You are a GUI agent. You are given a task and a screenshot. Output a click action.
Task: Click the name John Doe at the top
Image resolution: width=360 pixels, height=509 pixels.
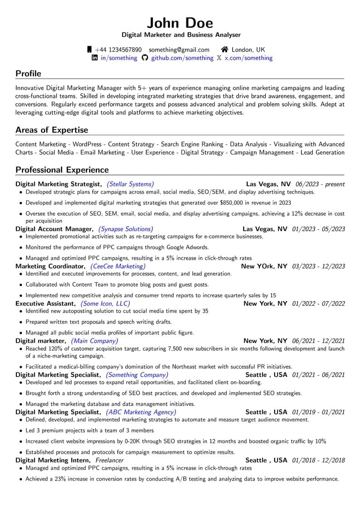(180, 22)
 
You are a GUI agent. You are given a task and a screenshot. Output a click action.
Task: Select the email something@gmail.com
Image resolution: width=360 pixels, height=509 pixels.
(179, 49)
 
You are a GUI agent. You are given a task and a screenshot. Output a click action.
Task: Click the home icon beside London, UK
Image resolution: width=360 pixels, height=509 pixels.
(224, 49)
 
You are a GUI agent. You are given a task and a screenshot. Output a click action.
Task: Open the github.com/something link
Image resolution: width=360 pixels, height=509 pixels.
(182, 58)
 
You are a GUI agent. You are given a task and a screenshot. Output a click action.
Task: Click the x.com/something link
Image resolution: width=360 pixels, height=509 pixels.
(248, 58)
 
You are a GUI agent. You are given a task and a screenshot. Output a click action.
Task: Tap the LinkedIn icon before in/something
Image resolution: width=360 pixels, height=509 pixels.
(95, 58)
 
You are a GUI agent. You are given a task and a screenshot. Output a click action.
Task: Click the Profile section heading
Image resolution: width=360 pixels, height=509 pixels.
(28, 73)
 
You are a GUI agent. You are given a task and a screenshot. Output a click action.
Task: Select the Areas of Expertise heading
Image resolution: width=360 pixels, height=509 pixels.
(52, 130)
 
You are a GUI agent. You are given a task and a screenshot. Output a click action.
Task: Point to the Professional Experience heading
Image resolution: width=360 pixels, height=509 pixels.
(62, 170)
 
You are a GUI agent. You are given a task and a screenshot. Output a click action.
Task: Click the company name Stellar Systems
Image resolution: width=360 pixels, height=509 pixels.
(130, 184)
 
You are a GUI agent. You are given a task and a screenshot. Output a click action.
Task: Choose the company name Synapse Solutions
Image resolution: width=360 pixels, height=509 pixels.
(126, 229)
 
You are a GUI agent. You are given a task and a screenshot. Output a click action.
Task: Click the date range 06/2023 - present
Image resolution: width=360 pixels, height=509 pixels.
(320, 184)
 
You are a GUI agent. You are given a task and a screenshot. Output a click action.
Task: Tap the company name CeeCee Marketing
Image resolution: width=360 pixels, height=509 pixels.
(118, 266)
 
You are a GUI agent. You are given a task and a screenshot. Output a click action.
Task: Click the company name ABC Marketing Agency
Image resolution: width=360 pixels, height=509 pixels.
(141, 412)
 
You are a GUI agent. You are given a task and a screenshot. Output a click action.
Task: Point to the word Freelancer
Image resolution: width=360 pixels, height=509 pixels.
(109, 460)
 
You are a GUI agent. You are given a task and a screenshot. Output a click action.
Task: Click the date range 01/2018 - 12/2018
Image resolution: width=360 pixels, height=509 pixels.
(318, 460)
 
